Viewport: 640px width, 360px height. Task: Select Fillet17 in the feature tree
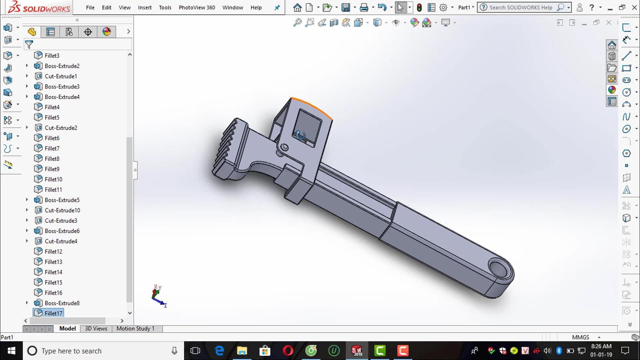53,313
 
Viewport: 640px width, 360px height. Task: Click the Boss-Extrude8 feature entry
62,303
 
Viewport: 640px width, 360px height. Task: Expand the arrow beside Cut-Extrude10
27,210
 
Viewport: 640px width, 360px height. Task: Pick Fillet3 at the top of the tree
52,56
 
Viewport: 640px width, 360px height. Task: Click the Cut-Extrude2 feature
61,128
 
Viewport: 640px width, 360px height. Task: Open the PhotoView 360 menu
197,7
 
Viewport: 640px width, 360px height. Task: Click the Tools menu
165,7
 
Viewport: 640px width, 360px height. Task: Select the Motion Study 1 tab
135,329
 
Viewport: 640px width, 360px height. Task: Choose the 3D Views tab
96,329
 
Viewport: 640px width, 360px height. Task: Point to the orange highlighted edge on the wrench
313,106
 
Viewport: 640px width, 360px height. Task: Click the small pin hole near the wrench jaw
284,147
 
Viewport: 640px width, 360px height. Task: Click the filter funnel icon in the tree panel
29,44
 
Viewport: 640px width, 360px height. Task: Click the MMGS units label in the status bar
580,337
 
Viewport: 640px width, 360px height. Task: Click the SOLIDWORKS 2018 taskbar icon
357,351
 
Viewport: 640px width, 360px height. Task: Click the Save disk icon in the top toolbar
346,7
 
